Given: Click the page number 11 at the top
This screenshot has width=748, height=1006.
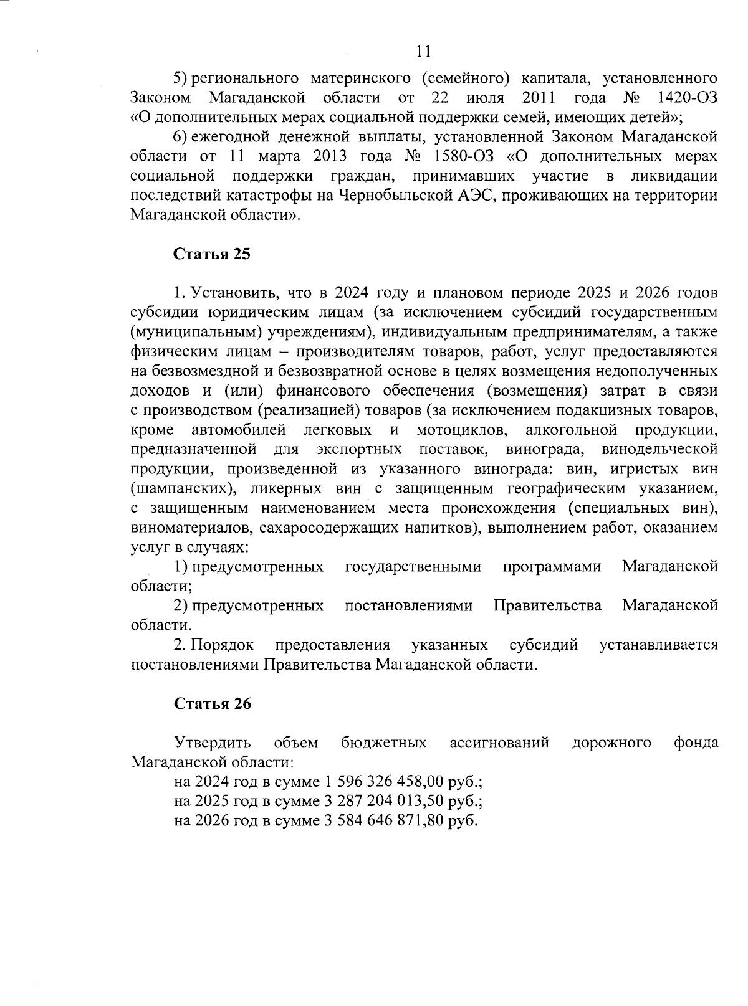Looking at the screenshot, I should [x=424, y=52].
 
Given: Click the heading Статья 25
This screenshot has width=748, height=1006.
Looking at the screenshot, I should [x=212, y=254].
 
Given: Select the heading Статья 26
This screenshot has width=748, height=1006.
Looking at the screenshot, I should [x=212, y=703].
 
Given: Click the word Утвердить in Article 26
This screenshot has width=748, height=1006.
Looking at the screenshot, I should [x=213, y=743].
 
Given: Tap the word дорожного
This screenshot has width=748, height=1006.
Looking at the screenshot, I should [x=611, y=743].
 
